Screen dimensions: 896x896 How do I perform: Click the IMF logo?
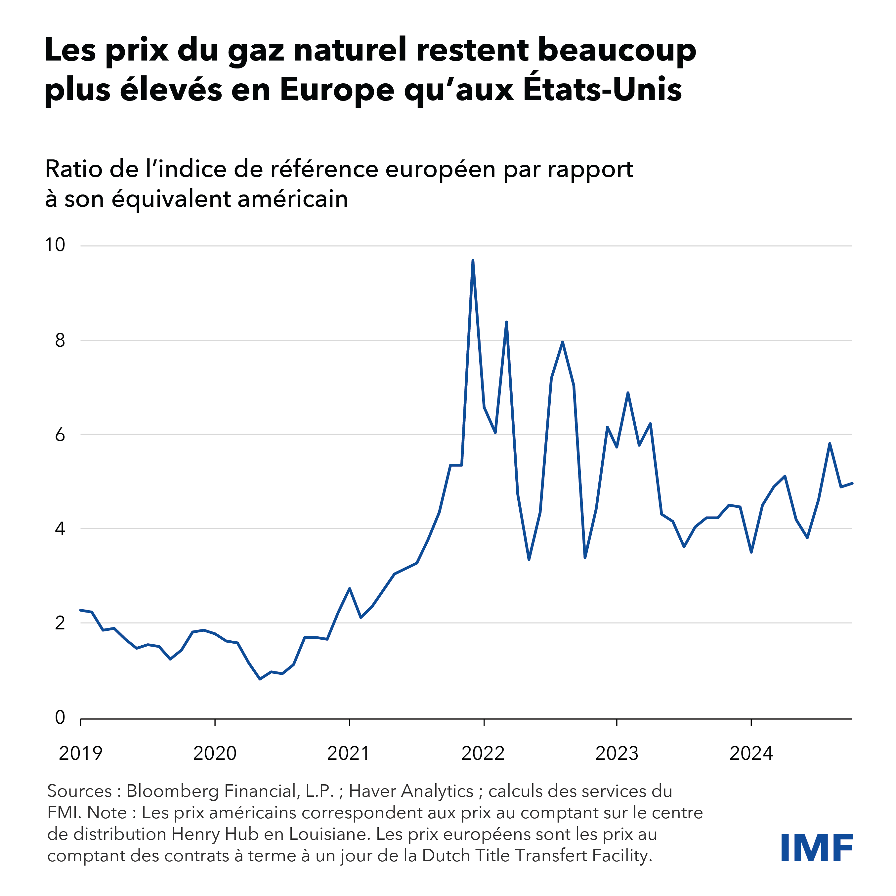[x=817, y=848]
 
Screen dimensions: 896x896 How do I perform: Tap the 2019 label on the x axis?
[x=80, y=754]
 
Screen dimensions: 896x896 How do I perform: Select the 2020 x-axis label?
[x=215, y=754]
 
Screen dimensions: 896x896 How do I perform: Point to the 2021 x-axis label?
[x=348, y=754]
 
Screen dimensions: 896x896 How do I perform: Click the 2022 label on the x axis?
[x=483, y=754]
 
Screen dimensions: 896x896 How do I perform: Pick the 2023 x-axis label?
[x=617, y=754]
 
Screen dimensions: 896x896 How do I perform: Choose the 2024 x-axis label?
[x=751, y=754]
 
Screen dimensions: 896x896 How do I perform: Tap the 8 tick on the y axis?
[x=60, y=340]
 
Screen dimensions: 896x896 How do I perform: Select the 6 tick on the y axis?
[x=60, y=435]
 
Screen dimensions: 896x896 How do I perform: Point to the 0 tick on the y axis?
[x=60, y=717]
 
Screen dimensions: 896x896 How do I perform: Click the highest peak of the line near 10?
[x=473, y=261]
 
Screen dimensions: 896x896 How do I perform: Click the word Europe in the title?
[x=337, y=90]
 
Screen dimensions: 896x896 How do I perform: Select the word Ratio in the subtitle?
[x=74, y=169]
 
